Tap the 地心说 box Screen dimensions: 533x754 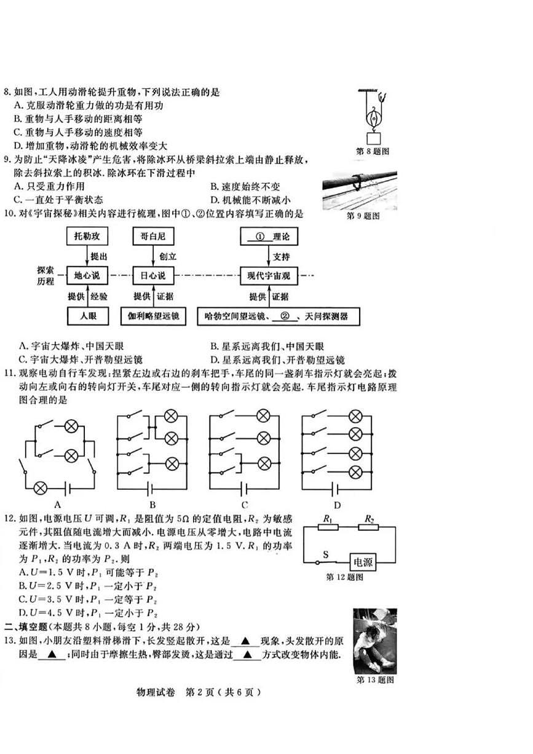pos(86,275)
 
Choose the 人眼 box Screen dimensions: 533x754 pos(86,316)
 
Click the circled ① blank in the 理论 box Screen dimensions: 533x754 pos(259,235)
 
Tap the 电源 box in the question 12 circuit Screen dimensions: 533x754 pos(363,561)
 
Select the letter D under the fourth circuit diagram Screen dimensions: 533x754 pos(337,506)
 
